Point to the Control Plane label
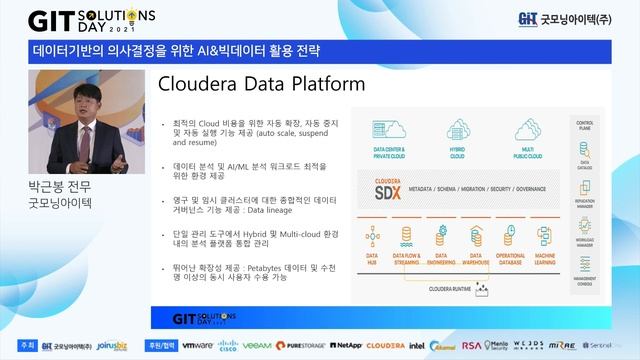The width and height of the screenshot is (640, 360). coord(586,125)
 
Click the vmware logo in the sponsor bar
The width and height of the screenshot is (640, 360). coord(197,345)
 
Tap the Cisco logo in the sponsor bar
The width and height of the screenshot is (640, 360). coord(228,345)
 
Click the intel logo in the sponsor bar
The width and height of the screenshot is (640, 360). coord(417,345)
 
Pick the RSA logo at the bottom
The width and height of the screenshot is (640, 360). coord(471,345)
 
